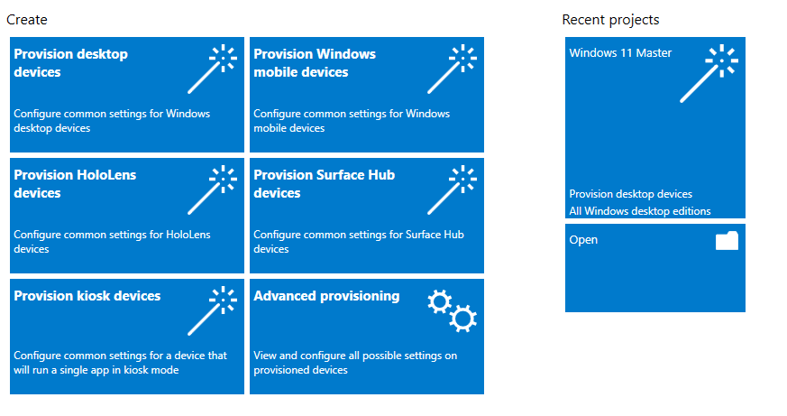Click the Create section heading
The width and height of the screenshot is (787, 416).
[x=27, y=20]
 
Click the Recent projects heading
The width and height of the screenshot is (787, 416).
[x=610, y=20]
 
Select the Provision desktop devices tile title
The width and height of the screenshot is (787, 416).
[x=71, y=63]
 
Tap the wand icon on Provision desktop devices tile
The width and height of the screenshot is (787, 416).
[x=212, y=69]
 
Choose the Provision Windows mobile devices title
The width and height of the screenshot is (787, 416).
[x=315, y=63]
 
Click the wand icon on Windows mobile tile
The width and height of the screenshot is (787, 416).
[x=452, y=69]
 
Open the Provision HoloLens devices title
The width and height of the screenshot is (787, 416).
[x=76, y=184]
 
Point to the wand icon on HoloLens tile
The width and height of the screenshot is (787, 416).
[x=212, y=190]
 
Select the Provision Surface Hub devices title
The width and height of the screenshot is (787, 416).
[x=325, y=184]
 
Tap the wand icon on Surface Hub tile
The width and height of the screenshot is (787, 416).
[x=452, y=190]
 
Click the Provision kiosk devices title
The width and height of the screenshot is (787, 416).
[x=87, y=296]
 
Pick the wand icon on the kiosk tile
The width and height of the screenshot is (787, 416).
[x=212, y=311]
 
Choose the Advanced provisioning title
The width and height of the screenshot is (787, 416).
[x=326, y=296]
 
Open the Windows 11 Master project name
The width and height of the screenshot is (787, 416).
[x=620, y=52]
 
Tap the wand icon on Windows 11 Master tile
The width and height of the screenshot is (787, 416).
[x=709, y=74]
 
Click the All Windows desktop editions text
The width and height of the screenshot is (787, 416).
[x=640, y=211]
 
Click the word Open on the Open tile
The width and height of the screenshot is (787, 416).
[x=583, y=240]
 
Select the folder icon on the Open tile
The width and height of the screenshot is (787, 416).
[x=727, y=241]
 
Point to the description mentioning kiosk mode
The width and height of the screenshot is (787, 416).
[x=121, y=363]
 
